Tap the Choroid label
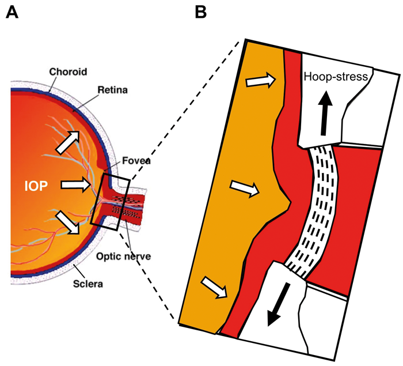click(x=68, y=73)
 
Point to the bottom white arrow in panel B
click(x=214, y=286)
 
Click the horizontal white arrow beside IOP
click(x=75, y=184)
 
